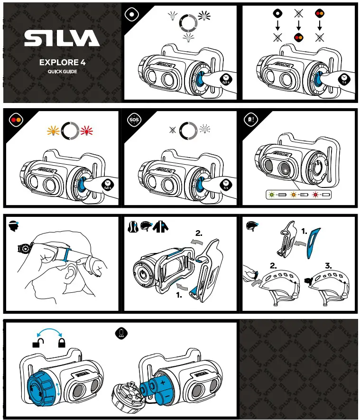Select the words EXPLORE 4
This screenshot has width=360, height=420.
click(62, 62)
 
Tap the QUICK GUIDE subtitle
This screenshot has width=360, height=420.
click(62, 72)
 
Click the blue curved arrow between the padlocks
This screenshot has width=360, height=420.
click(49, 331)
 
